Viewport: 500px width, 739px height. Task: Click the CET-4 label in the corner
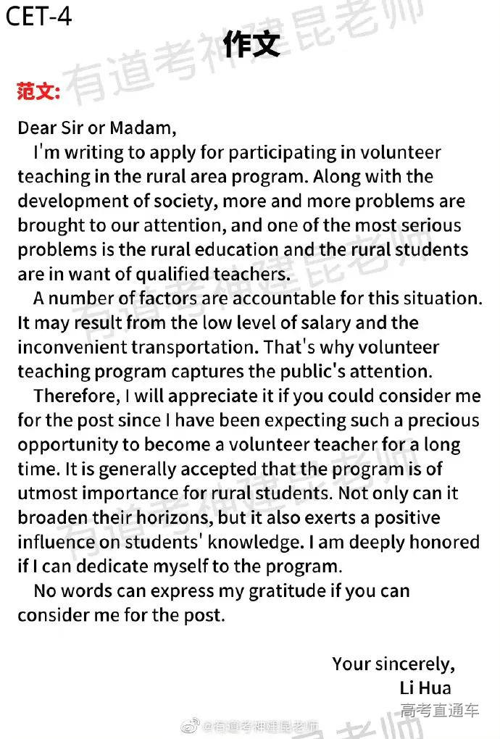39,17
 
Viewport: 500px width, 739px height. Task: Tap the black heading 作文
251,45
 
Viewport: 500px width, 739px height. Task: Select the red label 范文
38,92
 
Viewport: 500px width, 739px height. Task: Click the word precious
443,420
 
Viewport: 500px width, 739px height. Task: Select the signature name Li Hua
425,688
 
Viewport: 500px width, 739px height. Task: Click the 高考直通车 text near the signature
439,711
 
